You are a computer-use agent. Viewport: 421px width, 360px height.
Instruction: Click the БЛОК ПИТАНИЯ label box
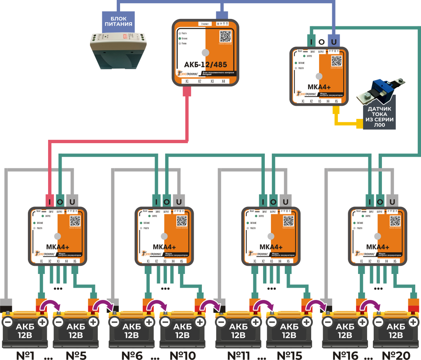118,21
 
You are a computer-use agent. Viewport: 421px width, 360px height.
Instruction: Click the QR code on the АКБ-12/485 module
225,36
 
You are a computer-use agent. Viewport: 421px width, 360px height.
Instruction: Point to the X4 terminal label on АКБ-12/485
224,81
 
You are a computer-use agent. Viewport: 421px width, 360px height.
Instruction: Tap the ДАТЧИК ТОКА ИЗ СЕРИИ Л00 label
380,117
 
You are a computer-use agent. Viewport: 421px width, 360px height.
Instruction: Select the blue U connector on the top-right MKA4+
333,42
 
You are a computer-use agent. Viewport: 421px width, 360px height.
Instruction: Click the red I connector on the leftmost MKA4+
50,202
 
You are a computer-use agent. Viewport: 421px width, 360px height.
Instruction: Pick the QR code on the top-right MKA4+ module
337,60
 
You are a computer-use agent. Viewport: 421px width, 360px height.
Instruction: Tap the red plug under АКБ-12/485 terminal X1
186,92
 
